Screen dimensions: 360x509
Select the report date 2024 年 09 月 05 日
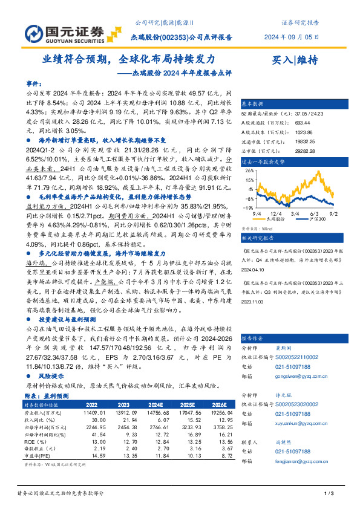pos(292,37)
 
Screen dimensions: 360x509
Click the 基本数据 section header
pos(254,103)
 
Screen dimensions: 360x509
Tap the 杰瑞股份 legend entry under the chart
pos(278,219)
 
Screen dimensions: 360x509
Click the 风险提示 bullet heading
pos(51,375)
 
